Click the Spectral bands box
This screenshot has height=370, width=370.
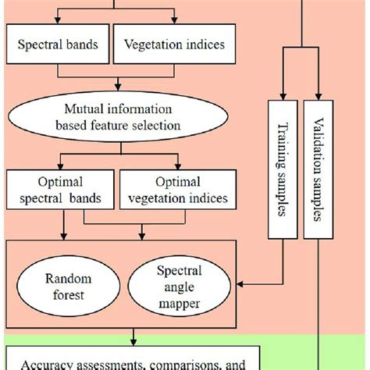59,45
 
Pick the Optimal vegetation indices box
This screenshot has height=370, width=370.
175,190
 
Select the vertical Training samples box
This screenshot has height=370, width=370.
280,169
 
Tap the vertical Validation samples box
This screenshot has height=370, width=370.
317,169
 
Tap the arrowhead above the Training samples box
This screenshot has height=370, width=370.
280,94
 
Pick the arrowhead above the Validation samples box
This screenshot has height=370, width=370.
317,94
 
